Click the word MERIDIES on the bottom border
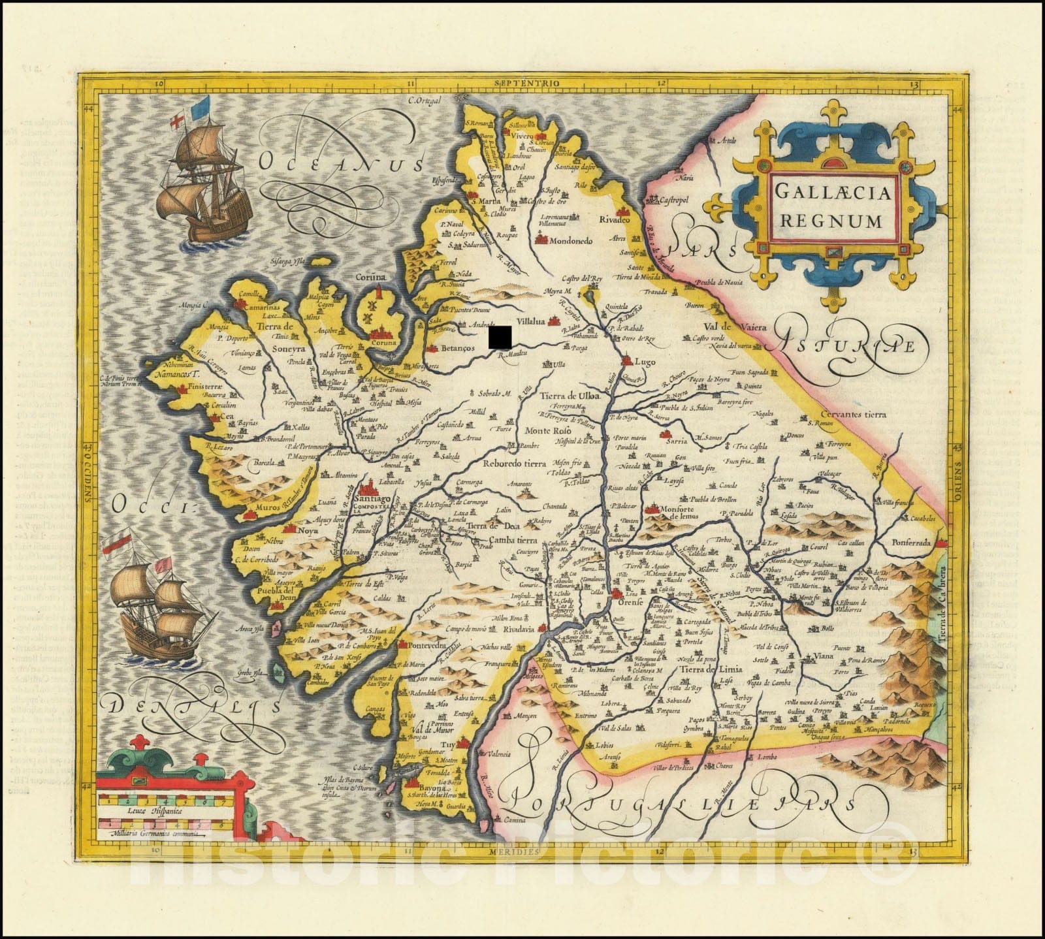click(517, 852)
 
